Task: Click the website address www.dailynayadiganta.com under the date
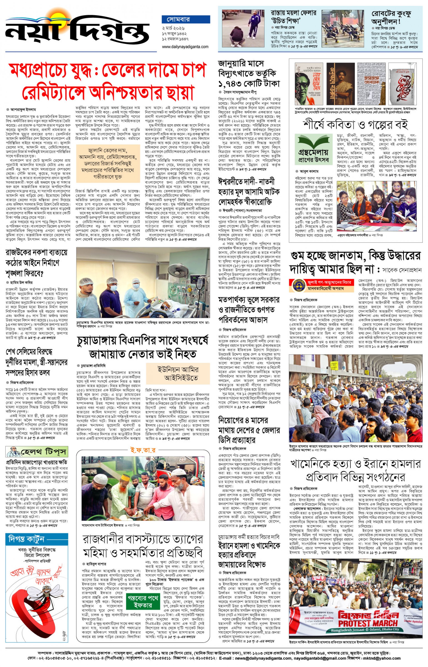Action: point(185,47)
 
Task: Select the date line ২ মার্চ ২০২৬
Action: point(173,28)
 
